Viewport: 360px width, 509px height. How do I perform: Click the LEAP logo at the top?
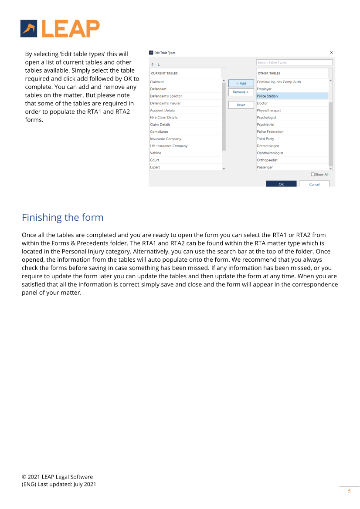point(60,29)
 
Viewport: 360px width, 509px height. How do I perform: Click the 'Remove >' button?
point(241,92)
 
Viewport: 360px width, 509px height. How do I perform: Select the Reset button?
point(241,105)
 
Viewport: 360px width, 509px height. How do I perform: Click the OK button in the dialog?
point(281,184)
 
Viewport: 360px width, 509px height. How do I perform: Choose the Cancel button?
point(314,184)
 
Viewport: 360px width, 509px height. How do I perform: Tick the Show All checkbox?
point(313,175)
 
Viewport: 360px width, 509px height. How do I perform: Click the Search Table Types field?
point(294,62)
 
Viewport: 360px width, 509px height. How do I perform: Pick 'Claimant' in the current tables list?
point(157,82)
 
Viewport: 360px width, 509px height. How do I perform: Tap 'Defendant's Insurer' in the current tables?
point(165,103)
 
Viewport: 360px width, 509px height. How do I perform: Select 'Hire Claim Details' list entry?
point(164,118)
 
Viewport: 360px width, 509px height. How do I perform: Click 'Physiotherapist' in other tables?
point(269,111)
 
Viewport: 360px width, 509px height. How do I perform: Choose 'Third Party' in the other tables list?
point(265,139)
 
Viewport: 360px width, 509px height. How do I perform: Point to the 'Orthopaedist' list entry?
point(267,160)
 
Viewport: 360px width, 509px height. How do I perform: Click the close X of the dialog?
point(331,53)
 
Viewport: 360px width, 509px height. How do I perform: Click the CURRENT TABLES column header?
point(164,73)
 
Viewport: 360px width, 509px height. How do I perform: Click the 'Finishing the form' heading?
point(63,217)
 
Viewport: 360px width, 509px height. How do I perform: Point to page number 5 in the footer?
point(349,492)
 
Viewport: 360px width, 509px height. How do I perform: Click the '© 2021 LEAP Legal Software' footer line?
point(57,477)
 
